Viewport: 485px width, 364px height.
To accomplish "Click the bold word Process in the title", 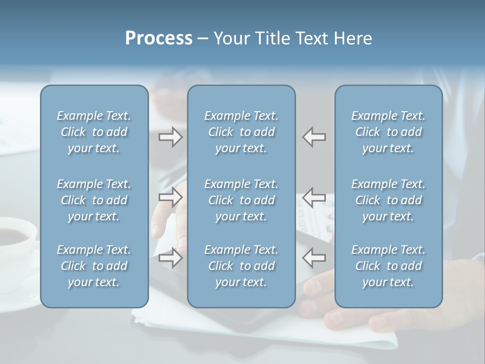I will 159,38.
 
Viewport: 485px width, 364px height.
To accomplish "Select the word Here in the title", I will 353,38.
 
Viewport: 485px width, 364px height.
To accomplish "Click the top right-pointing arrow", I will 171,137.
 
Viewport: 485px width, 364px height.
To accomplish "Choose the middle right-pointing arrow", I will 171,197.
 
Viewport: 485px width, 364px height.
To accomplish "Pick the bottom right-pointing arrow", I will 171,257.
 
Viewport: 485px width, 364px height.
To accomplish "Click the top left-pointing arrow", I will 314,137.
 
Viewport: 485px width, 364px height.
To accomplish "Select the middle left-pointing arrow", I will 314,197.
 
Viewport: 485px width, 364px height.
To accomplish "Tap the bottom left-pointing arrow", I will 314,257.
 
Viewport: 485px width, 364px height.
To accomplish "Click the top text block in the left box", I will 94,132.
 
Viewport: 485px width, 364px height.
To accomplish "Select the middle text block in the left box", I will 94,200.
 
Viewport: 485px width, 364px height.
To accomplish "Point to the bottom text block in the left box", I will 94,266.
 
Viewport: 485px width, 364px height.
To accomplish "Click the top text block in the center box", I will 241,132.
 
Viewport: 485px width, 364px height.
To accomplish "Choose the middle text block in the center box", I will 241,200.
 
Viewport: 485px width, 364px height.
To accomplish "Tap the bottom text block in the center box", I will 241,266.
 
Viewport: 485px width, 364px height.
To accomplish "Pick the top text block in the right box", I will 388,132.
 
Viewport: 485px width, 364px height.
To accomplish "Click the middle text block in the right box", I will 388,200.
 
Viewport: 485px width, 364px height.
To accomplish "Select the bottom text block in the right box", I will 388,266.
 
